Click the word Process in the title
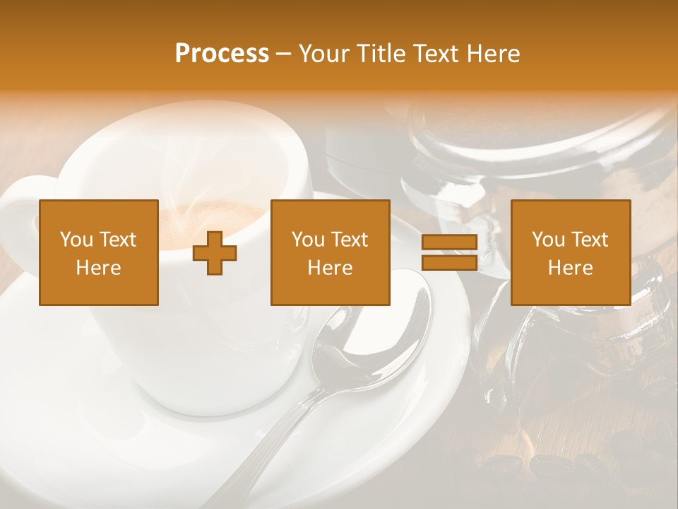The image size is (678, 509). [222, 54]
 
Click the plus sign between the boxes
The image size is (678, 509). [215, 253]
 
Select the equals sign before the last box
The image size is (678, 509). [450, 253]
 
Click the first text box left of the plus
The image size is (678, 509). [99, 253]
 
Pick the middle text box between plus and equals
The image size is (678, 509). [331, 253]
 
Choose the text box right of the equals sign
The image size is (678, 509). [571, 253]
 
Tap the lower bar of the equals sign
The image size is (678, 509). [450, 263]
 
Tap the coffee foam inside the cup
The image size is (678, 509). [212, 212]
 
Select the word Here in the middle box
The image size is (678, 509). [331, 268]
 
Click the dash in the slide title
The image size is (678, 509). [284, 54]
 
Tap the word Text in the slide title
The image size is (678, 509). [435, 54]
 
